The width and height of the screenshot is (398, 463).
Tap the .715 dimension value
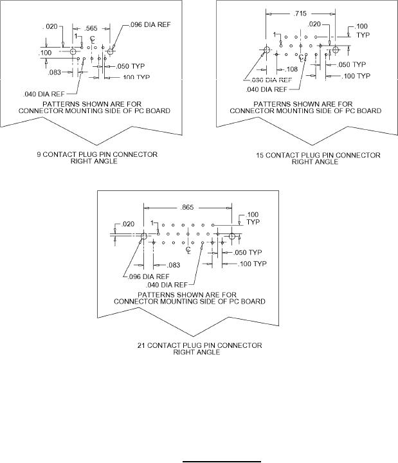(x=300, y=13)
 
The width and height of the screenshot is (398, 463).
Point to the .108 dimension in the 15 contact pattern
(x=291, y=68)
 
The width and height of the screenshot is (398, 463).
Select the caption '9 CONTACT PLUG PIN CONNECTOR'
(x=95, y=154)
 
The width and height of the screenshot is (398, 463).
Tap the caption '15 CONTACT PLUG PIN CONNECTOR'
(x=317, y=155)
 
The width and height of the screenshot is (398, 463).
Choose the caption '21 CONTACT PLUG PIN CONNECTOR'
(x=200, y=346)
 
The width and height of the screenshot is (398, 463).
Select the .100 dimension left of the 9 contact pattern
(x=46, y=52)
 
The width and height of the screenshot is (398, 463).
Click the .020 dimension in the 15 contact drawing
(x=314, y=24)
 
